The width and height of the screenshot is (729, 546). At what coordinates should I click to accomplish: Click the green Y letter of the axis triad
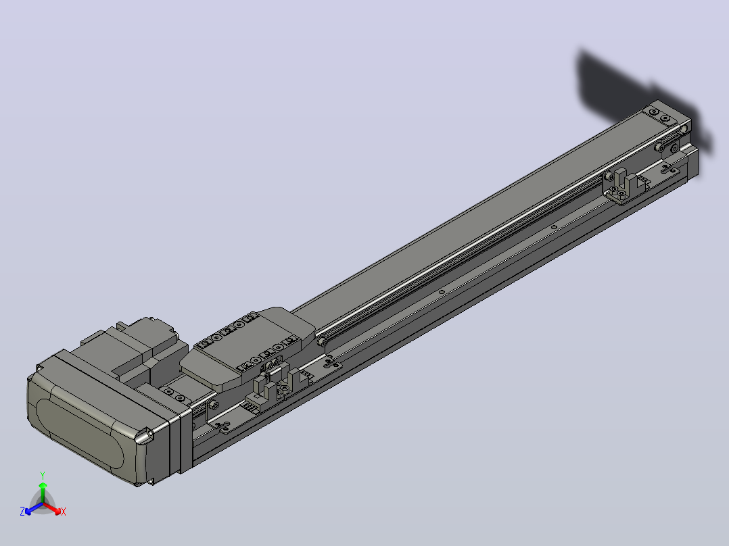(x=43, y=475)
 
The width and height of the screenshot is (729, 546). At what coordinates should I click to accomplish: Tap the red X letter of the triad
(x=64, y=512)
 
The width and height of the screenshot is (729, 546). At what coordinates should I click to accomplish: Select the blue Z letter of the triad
(x=22, y=512)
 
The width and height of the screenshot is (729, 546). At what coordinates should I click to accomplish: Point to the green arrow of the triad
(x=43, y=493)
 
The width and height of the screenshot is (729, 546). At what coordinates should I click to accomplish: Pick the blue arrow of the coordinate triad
(x=34, y=508)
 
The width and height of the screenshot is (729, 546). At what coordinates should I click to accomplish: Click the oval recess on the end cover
(x=80, y=432)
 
